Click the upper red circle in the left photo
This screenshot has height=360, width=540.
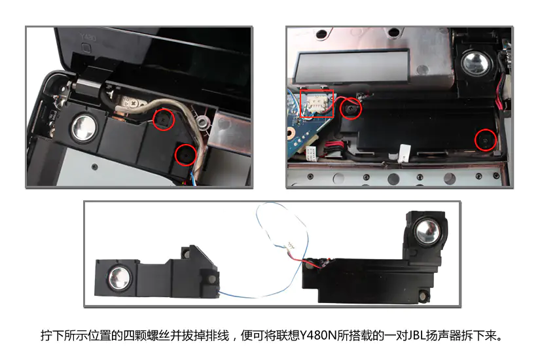pos(164,109)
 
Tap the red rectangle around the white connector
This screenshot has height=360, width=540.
pos(300,103)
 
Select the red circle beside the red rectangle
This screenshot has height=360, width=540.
pos(351,99)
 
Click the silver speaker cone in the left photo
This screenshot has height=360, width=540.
pos(84,128)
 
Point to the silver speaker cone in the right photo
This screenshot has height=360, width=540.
pos(476,63)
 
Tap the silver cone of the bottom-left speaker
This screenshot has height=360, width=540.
pos(120,278)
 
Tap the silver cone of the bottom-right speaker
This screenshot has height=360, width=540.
pos(427,232)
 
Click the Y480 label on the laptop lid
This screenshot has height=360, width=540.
pos(88,37)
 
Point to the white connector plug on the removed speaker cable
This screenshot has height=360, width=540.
pos(291,245)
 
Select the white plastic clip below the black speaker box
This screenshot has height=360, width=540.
pos(405,153)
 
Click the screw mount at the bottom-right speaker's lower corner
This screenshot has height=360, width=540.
pos(423,295)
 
